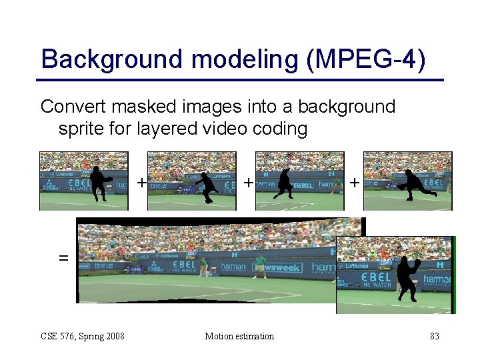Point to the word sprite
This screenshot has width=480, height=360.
point(86,129)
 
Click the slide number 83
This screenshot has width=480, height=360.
point(434,336)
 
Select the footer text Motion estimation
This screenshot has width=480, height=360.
point(239,336)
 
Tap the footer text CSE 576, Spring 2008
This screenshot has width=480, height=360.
point(83,336)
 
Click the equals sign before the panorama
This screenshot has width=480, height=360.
point(63,257)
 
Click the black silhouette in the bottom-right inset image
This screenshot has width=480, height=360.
point(406,279)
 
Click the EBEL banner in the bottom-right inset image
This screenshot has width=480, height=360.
point(376,277)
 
